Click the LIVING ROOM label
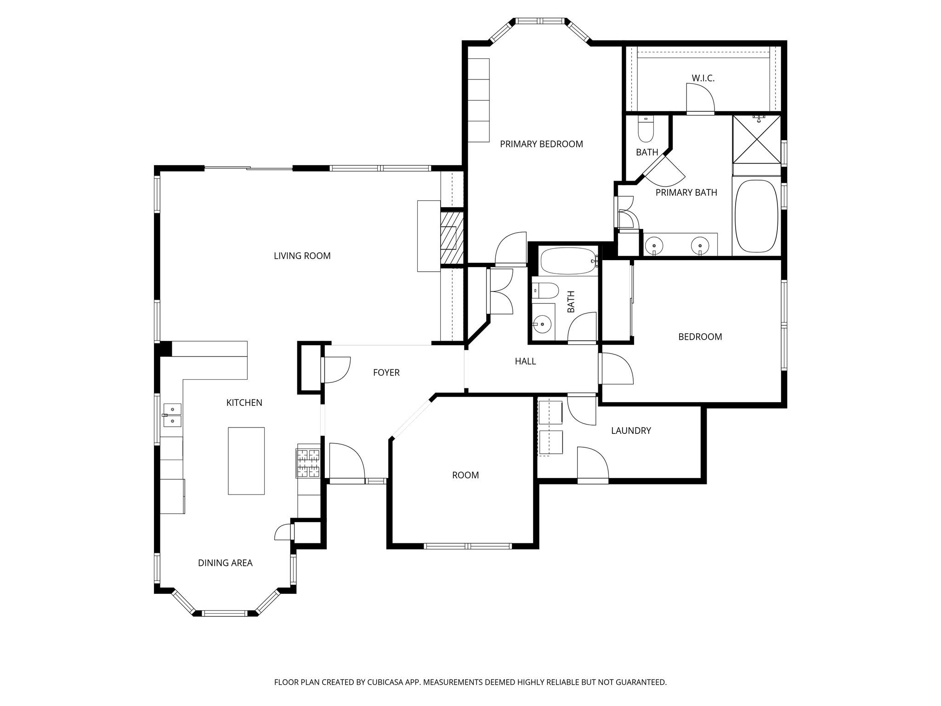tap(302, 256)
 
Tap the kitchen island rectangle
tap(246, 461)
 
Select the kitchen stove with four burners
tap(308, 462)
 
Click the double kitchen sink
tap(172, 415)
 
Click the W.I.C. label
tap(703, 78)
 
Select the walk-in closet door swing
tap(700, 98)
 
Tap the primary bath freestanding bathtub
tap(756, 216)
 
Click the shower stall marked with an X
tap(756, 139)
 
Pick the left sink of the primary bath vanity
tap(654, 245)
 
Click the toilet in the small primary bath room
tap(646, 131)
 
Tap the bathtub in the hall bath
tap(568, 261)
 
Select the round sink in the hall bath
tap(543, 324)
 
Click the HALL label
tap(525, 361)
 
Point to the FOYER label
tap(386, 373)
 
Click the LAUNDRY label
tap(631, 431)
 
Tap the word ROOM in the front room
tap(465, 475)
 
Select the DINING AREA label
tap(225, 563)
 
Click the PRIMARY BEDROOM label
tap(541, 144)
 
